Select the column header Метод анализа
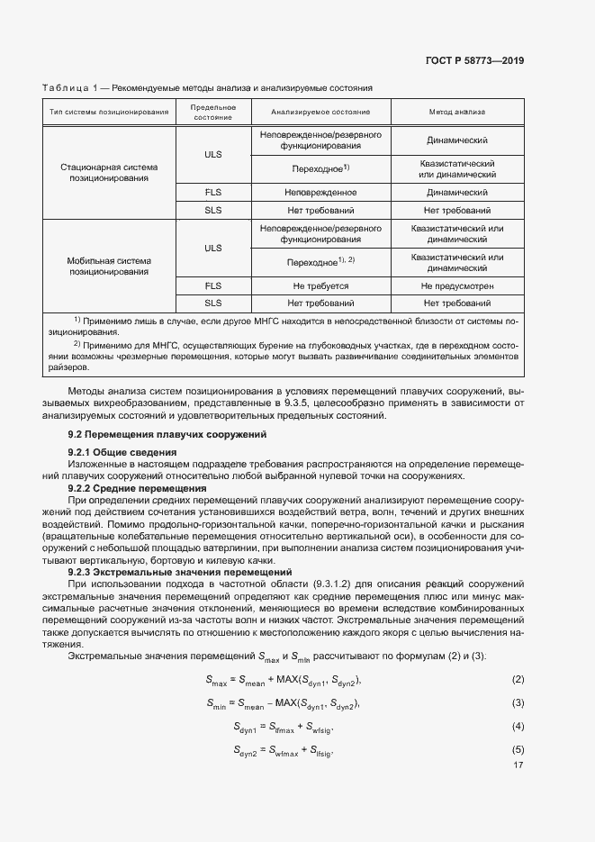tap(456, 112)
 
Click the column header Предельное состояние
tap(212, 112)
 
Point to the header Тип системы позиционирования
tap(109, 112)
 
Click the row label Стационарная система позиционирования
tap(109, 173)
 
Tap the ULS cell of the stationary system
tap(212, 154)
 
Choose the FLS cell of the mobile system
tap(212, 285)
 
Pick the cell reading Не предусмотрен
tap(456, 285)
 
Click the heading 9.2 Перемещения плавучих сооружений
tap(167, 434)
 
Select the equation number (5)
tap(518, 749)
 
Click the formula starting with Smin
tap(283, 702)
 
